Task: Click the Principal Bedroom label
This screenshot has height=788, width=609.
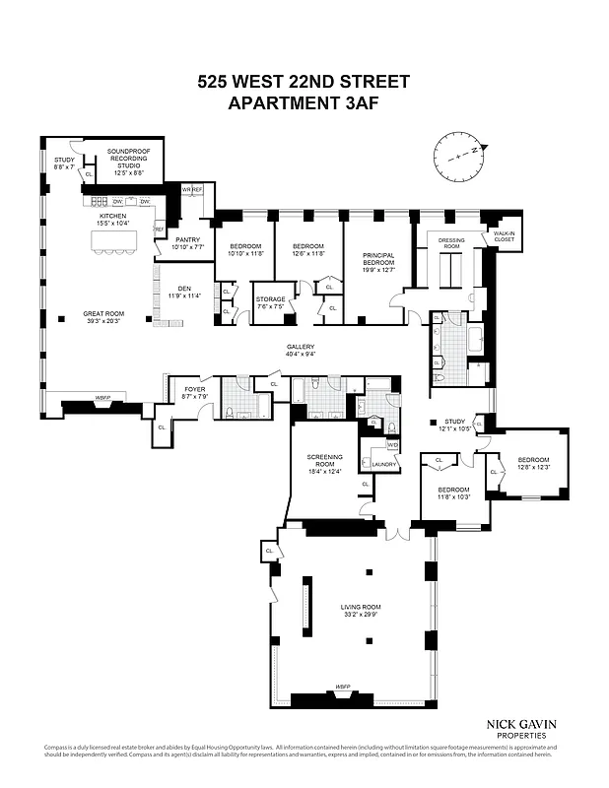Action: tap(378, 260)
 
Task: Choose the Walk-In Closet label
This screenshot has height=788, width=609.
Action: tap(503, 236)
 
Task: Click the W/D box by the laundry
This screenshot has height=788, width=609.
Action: tap(379, 445)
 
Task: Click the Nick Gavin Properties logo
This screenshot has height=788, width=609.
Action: tap(520, 730)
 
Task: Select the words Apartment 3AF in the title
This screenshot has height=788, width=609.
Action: tap(304, 100)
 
